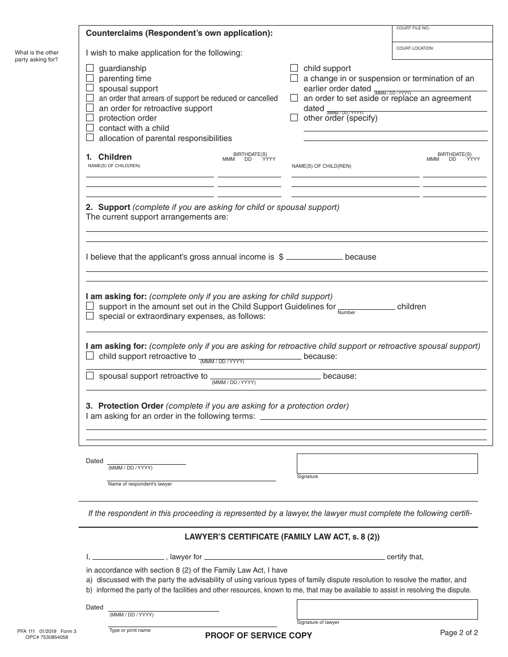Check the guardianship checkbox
pyautogui.click(x=90, y=68)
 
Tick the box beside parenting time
pyautogui.click(x=90, y=78)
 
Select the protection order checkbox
pyautogui.click(x=90, y=118)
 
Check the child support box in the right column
pyautogui.click(x=294, y=68)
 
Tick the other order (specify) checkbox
pyautogui.click(x=294, y=118)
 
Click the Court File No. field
pyautogui.click(x=442, y=36)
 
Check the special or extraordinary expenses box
pyautogui.click(x=90, y=316)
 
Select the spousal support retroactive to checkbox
pyautogui.click(x=90, y=376)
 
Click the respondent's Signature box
pyautogui.click(x=387, y=463)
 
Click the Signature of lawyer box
pyautogui.click(x=387, y=609)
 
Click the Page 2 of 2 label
pyautogui.click(x=459, y=633)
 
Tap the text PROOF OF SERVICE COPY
pyautogui.click(x=258, y=636)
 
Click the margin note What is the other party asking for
pyautogui.click(x=37, y=56)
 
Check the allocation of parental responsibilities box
pyautogui.click(x=90, y=137)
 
